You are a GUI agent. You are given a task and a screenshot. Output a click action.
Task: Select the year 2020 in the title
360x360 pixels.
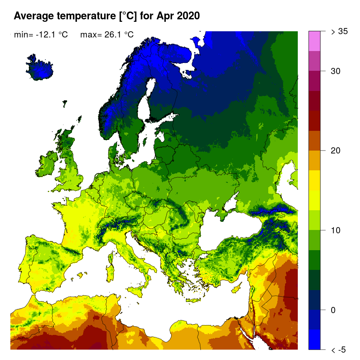[x=189, y=16]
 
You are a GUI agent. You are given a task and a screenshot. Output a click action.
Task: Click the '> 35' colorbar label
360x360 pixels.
[x=340, y=31]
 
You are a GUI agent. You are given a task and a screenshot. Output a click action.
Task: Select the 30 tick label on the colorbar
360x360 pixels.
[x=335, y=71]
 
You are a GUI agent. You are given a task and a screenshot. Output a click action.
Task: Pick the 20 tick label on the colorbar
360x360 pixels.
[x=335, y=151]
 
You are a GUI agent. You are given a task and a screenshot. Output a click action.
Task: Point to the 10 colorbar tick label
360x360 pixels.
[x=335, y=230]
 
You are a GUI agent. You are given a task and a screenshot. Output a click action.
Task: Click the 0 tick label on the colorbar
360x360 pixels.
[x=333, y=310]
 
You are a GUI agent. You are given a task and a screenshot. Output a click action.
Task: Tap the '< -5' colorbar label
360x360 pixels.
[x=339, y=350]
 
